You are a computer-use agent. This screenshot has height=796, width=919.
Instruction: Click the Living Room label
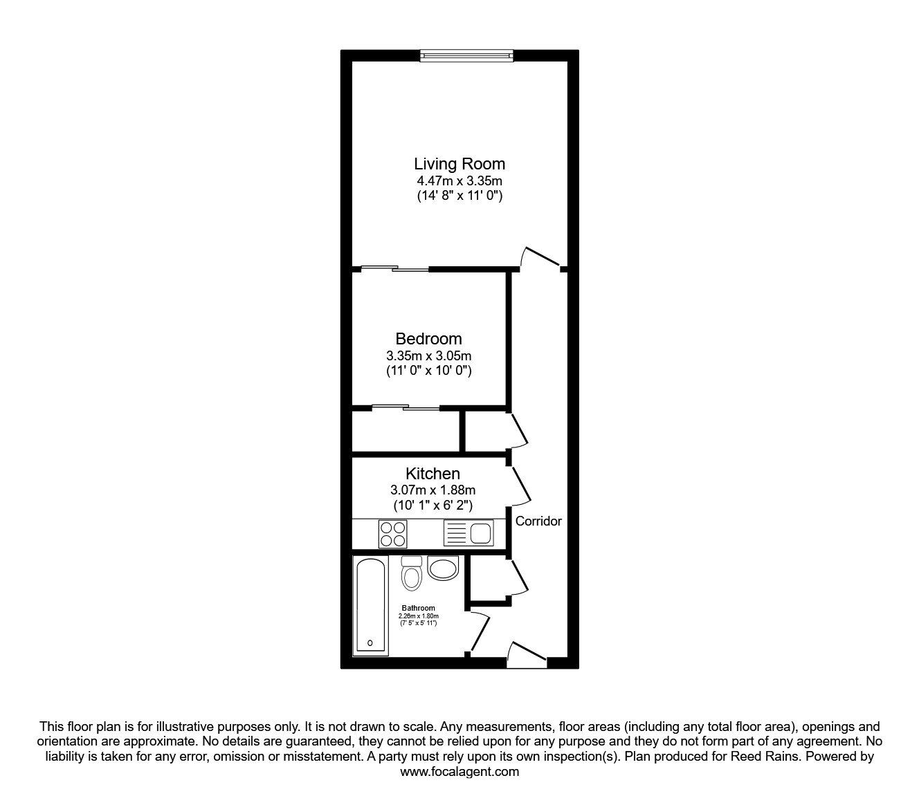click(x=459, y=164)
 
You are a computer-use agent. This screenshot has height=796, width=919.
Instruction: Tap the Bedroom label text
click(x=428, y=339)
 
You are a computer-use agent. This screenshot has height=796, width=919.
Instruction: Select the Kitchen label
click(x=433, y=473)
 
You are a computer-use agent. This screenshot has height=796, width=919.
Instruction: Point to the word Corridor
click(x=538, y=521)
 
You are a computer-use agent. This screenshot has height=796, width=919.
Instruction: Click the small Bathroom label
click(x=419, y=608)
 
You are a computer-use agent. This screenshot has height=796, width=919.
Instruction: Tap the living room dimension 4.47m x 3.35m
click(x=459, y=181)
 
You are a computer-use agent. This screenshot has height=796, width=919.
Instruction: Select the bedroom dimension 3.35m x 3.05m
click(x=428, y=355)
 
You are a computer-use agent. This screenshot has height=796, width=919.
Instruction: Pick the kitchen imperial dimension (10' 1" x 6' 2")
click(x=433, y=506)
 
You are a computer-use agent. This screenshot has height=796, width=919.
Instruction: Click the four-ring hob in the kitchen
click(x=392, y=534)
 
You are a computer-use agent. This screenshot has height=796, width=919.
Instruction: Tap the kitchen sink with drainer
click(x=468, y=533)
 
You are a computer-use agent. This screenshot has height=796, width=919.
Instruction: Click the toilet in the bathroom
click(x=411, y=574)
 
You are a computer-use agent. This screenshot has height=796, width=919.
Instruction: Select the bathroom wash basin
click(x=443, y=568)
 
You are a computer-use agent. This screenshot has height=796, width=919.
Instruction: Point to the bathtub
click(x=370, y=606)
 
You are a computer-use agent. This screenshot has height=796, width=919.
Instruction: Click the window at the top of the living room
click(x=467, y=55)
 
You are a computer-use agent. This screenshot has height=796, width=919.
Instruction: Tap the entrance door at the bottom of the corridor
click(x=527, y=654)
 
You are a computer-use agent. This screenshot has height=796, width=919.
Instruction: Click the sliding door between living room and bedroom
click(x=395, y=268)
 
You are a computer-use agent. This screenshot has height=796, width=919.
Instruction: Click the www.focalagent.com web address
click(x=459, y=772)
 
